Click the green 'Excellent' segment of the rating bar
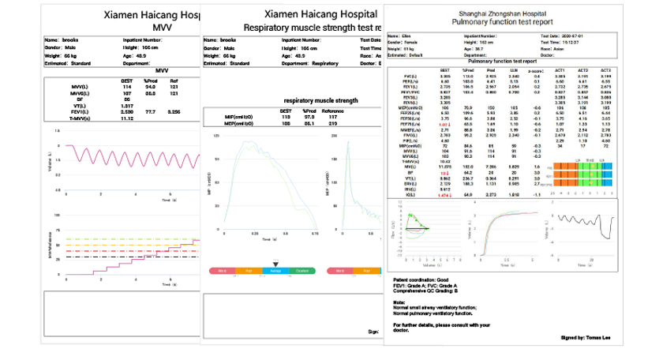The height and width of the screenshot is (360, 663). [302, 270]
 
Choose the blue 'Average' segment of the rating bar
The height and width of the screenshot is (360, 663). [275, 270]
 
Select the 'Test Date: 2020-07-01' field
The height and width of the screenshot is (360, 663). [565, 36]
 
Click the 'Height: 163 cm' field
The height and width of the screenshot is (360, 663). [481, 43]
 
